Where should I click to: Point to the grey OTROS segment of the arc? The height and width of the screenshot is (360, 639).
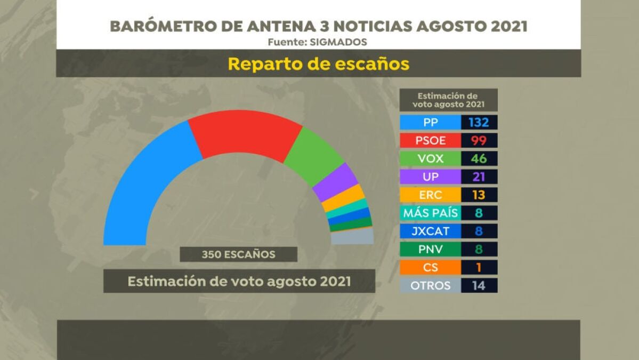coord(352,236)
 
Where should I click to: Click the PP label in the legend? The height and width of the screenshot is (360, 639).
coord(431,122)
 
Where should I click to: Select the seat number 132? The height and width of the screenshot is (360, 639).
coord(479,122)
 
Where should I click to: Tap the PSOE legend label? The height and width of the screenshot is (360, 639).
coord(431,140)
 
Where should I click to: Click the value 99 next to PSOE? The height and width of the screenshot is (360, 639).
coord(479,140)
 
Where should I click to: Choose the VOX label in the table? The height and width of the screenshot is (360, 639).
coord(431,158)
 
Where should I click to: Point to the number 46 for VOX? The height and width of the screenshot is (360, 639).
coord(479,158)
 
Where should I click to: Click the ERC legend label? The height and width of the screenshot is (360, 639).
coord(431,195)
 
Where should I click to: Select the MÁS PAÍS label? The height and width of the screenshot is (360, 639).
coord(431,213)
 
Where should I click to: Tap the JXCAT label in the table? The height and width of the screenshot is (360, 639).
coord(431,231)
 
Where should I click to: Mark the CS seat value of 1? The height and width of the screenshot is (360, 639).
coord(479,267)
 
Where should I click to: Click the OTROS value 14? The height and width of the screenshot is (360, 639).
coord(479,285)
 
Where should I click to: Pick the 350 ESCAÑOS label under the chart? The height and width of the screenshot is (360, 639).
coord(238,254)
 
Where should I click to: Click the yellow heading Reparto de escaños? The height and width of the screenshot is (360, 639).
coord(318,64)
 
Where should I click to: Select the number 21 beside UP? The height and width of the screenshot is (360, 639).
coord(479,177)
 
